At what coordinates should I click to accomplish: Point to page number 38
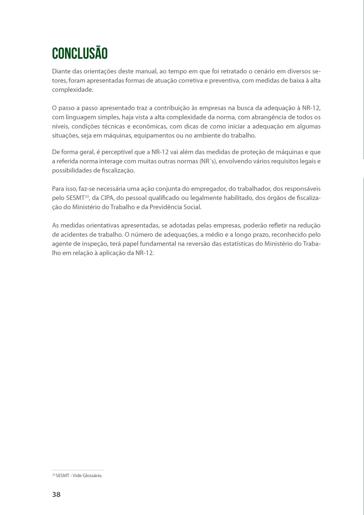tap(56, 495)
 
